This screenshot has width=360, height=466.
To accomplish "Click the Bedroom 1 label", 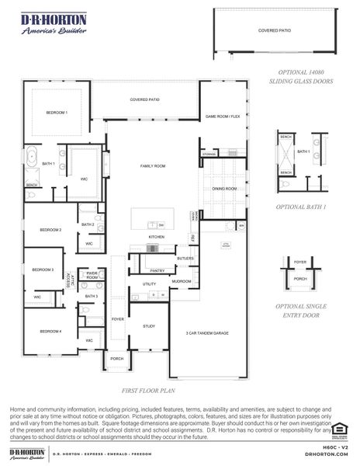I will click(x=57, y=113).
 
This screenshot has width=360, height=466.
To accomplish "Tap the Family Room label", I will click(x=153, y=166).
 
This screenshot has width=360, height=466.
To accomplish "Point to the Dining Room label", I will click(x=224, y=188).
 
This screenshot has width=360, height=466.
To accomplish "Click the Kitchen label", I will click(x=157, y=236).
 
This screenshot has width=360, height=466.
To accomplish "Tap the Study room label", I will click(x=149, y=326).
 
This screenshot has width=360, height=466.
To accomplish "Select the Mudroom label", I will click(x=182, y=281).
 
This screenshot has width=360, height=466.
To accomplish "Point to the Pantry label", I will click(x=157, y=270).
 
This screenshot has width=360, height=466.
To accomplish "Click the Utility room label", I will click(x=149, y=284).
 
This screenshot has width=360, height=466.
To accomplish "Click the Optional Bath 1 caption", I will click(x=301, y=207).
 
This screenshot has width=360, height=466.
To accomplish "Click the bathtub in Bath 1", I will click(x=32, y=158).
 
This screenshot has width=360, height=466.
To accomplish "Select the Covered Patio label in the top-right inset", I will click(x=274, y=31).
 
